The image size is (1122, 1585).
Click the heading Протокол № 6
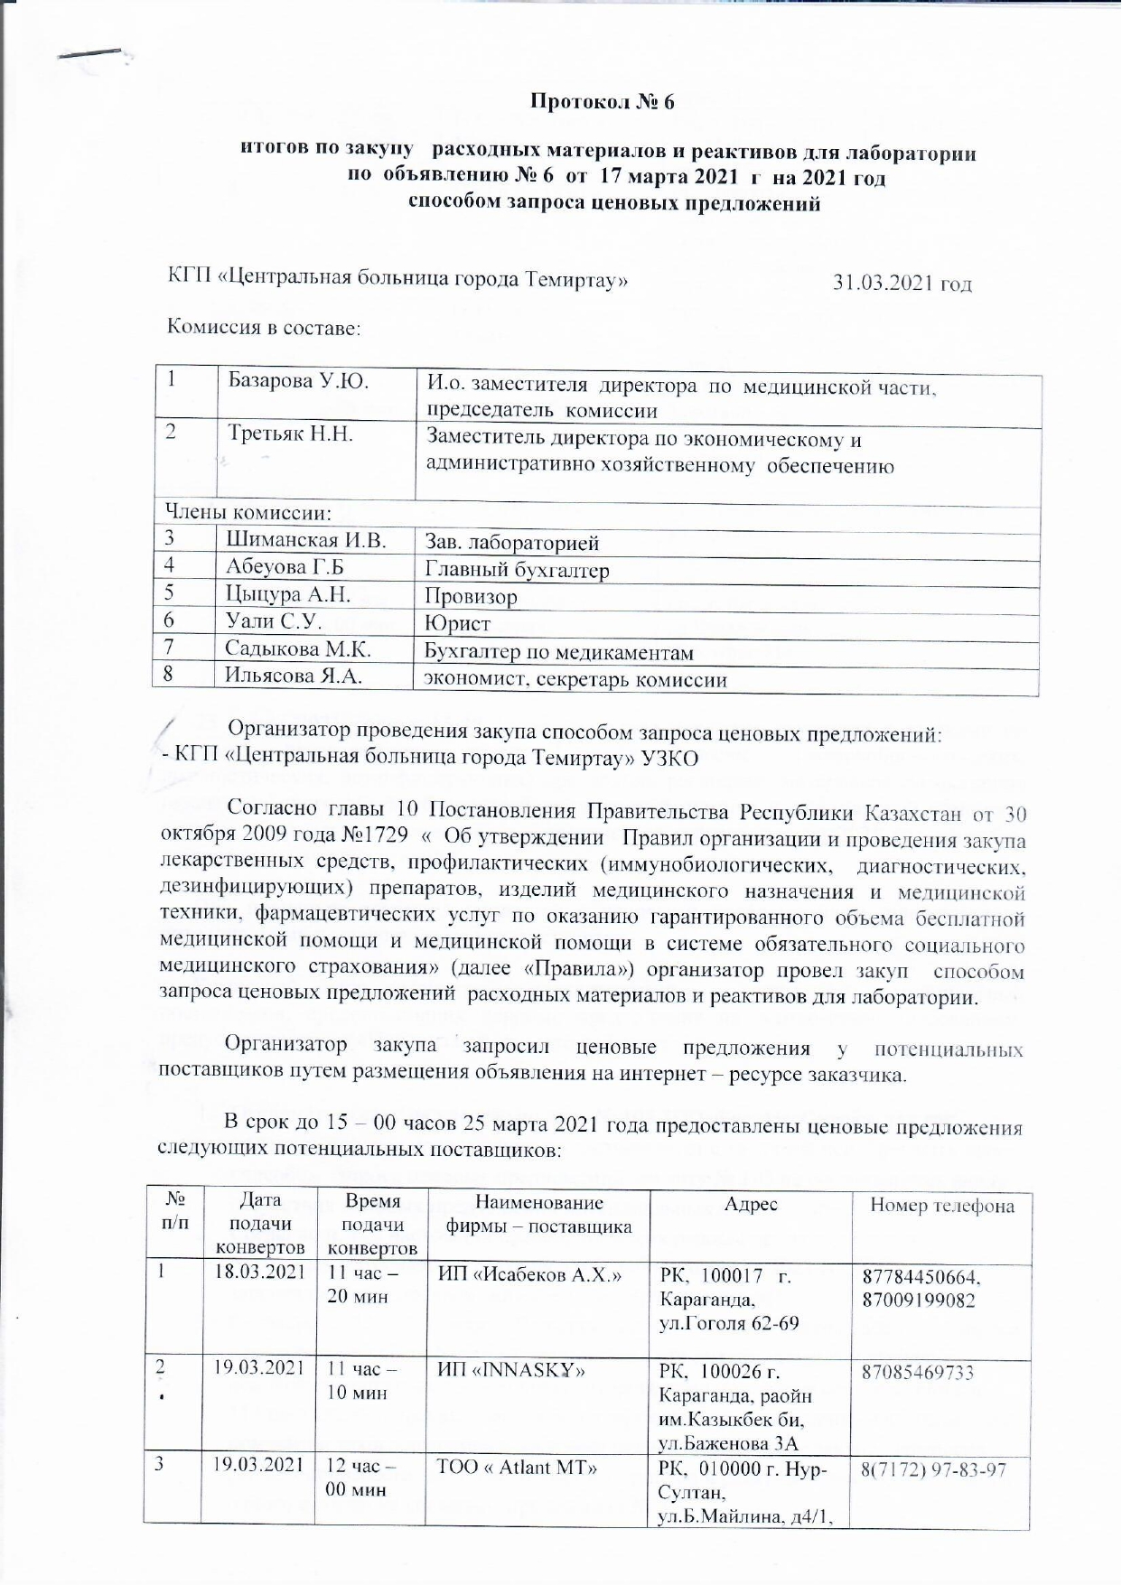(x=602, y=102)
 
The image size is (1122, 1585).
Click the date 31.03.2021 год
(x=902, y=283)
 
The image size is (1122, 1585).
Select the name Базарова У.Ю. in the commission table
(x=298, y=381)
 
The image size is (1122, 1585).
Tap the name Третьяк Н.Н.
(x=290, y=434)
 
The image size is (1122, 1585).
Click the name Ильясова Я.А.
(x=295, y=676)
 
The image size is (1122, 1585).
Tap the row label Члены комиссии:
(x=248, y=513)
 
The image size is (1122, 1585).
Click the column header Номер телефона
(x=941, y=1206)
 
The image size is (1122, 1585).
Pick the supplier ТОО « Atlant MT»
(x=517, y=1467)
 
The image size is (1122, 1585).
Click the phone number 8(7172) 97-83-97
(x=933, y=1469)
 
